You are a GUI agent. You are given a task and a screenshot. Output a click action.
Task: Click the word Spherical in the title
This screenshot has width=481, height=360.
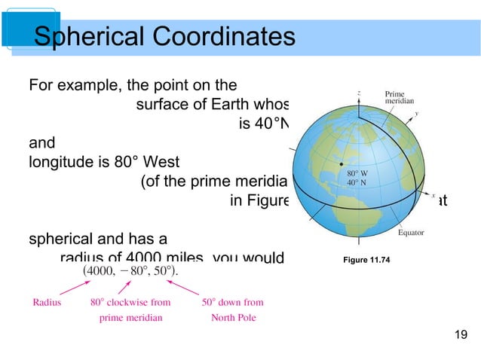click(84, 35)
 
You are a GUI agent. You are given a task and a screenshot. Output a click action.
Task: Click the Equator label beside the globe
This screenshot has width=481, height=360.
click(410, 233)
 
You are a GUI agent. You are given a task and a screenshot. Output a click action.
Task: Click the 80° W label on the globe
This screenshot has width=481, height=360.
click(356, 173)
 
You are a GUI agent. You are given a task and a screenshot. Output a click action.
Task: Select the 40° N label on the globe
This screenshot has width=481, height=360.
click(356, 182)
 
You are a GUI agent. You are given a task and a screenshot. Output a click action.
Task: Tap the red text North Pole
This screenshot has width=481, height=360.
click(234, 317)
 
